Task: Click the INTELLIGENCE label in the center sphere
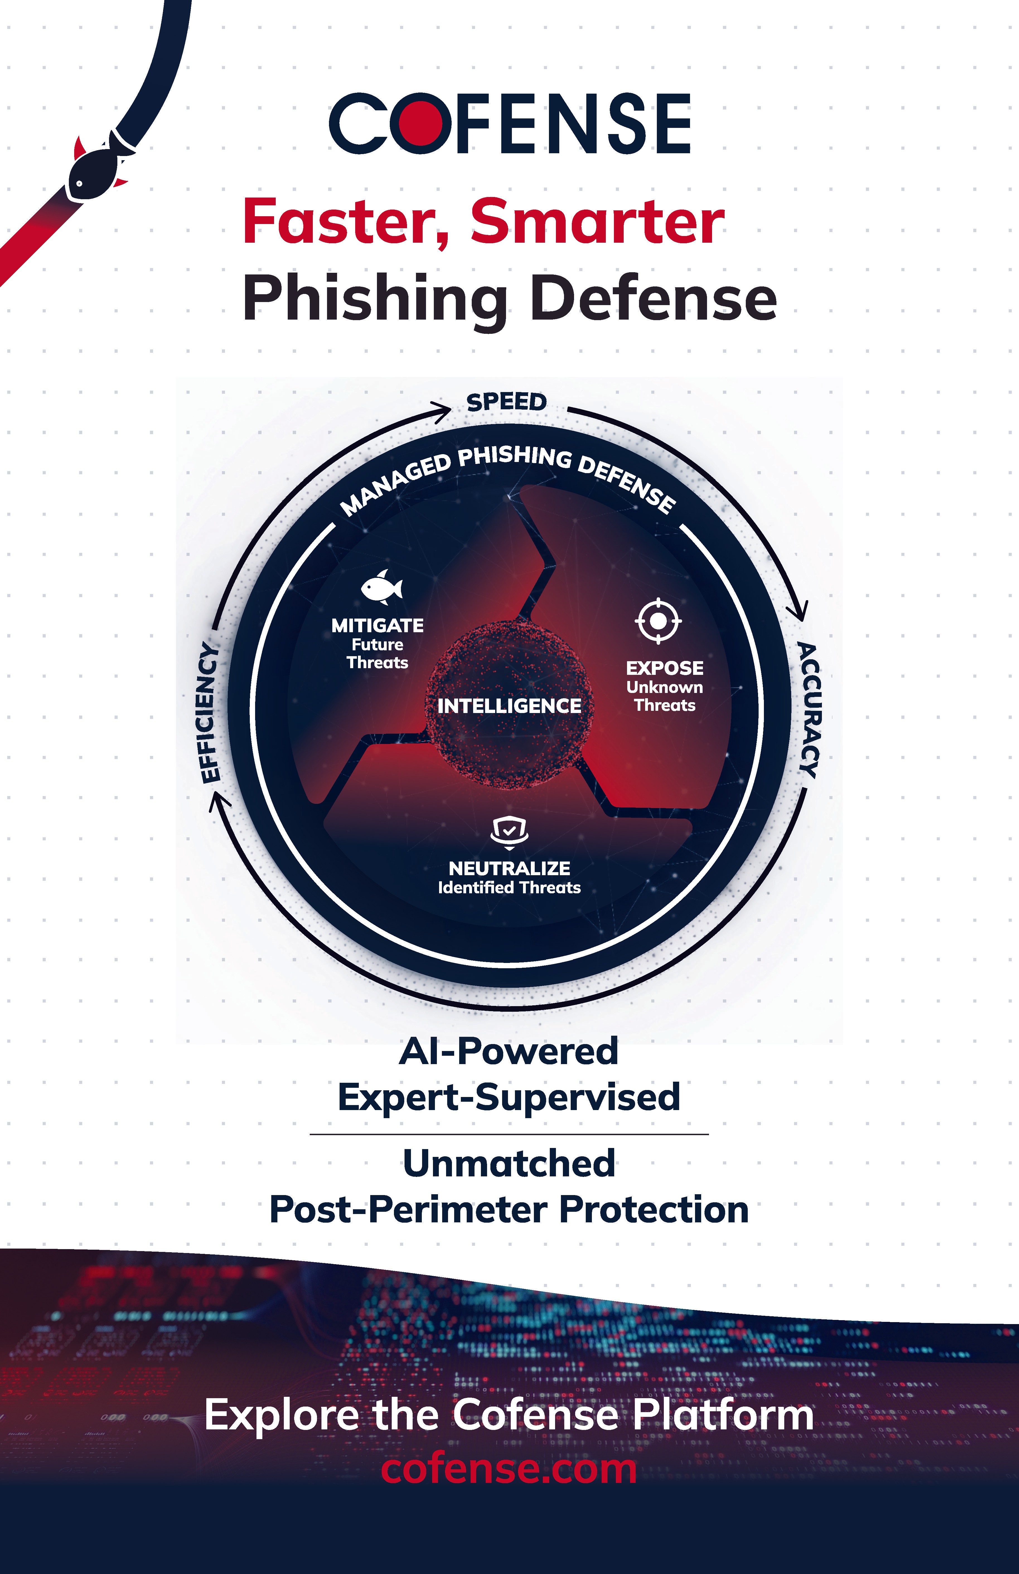509,706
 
